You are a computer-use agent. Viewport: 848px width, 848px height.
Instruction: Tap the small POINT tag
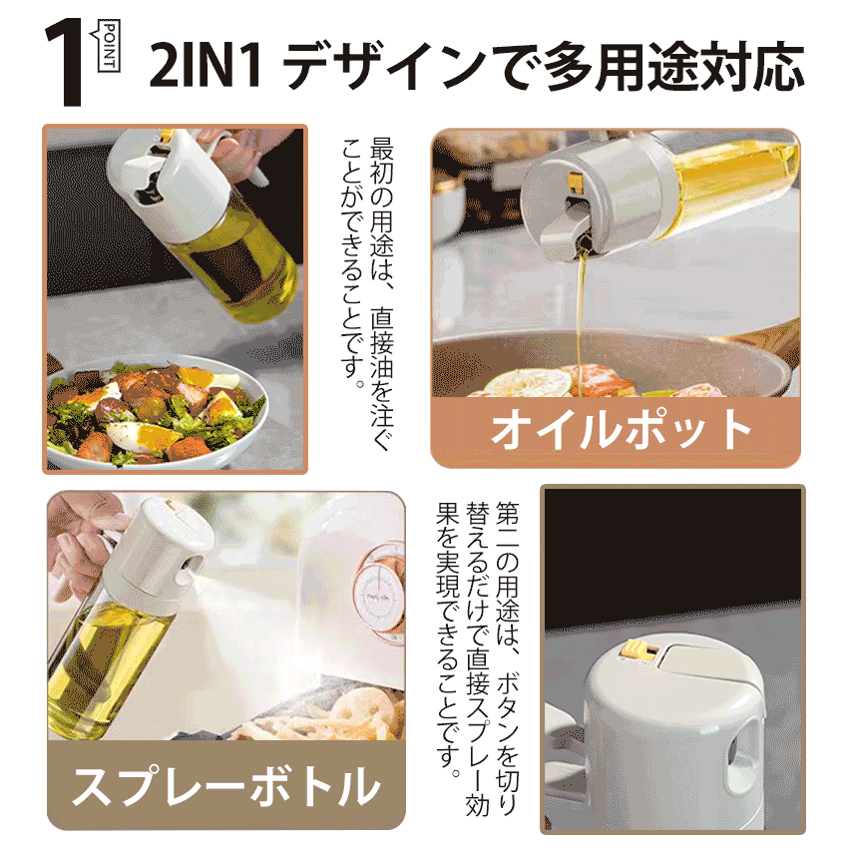(x=109, y=46)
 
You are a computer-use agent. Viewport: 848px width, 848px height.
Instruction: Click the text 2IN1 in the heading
(x=205, y=66)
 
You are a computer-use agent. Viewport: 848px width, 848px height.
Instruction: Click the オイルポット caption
(x=622, y=429)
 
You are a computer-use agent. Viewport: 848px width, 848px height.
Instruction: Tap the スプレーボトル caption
(x=226, y=785)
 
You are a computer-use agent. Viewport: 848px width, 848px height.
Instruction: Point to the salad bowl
(x=156, y=414)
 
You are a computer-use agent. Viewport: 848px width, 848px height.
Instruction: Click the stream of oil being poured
(x=581, y=319)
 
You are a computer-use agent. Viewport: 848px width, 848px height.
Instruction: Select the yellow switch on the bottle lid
(x=637, y=649)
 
